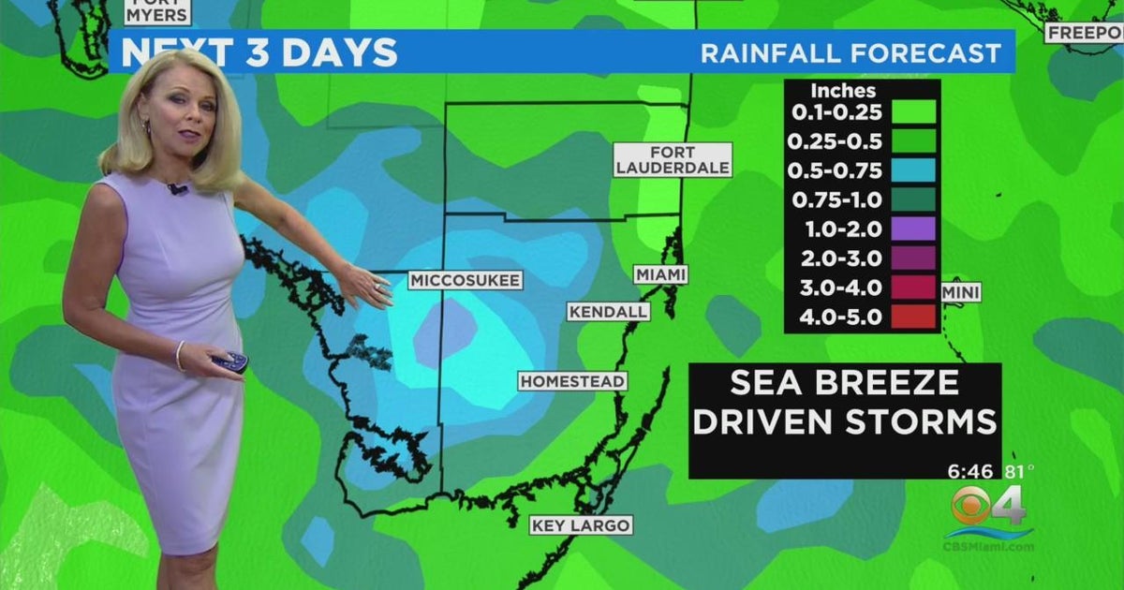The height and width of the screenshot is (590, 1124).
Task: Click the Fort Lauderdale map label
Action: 672,159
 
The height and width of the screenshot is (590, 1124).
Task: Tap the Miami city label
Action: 660,274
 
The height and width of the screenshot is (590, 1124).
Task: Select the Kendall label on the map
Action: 608,311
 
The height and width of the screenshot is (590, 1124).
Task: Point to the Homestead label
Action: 572,381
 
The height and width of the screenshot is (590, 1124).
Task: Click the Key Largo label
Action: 581,524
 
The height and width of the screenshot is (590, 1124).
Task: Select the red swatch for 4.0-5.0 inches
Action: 913,317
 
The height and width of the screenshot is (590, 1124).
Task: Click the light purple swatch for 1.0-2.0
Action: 913,229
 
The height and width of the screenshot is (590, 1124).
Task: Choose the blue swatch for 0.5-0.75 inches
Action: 913,170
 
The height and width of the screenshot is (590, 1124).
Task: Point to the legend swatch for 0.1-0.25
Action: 913,111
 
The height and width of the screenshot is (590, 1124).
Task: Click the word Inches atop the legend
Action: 843,91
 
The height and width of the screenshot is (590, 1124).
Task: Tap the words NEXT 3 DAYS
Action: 259,53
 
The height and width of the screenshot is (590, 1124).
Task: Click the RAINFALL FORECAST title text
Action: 850,53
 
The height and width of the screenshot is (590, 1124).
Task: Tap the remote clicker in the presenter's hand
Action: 230,361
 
